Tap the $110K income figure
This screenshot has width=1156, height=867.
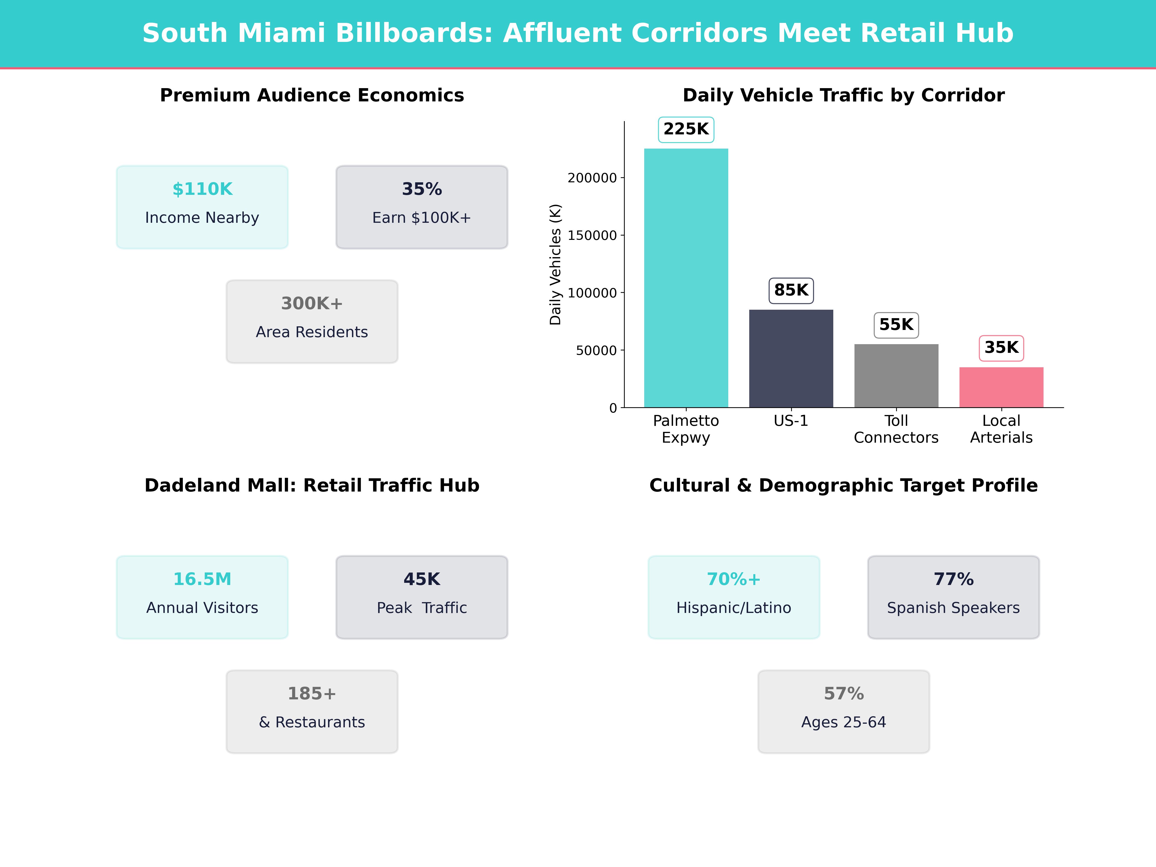pos(202,189)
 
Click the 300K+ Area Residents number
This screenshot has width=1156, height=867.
pos(312,304)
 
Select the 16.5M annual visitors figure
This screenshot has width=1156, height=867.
pos(202,579)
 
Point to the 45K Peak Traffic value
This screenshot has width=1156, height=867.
pos(422,579)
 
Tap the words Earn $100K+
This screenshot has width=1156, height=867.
pos(422,218)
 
